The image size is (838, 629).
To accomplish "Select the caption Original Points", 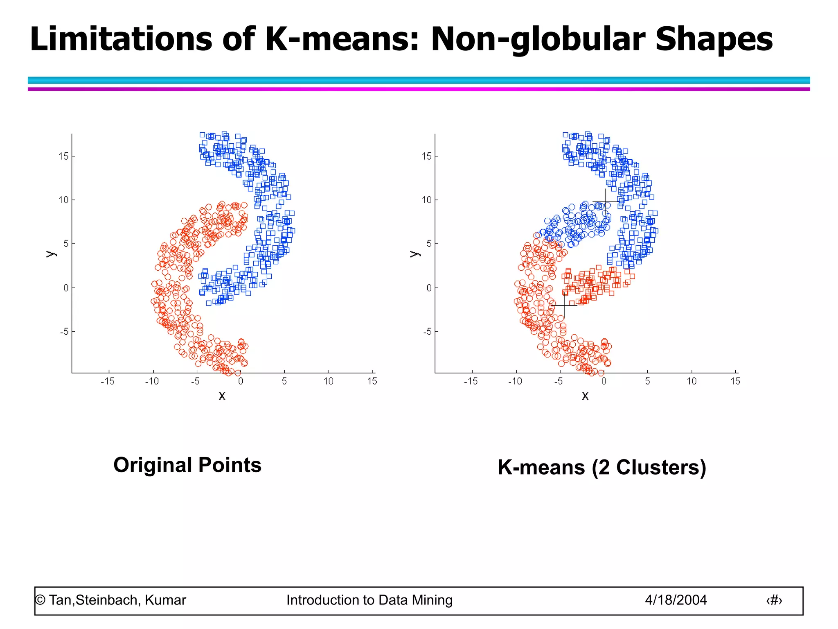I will pyautogui.click(x=187, y=465).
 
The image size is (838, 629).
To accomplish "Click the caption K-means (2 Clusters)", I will pyautogui.click(x=602, y=467).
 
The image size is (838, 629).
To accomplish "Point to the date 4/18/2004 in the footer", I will pyautogui.click(x=676, y=600).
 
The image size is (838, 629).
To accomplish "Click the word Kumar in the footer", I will pyautogui.click(x=165, y=600).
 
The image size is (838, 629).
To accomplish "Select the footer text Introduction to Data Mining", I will pyautogui.click(x=369, y=600).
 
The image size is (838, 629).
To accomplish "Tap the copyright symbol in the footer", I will pyautogui.click(x=40, y=600).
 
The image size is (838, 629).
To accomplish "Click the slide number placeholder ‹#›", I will pyautogui.click(x=774, y=600).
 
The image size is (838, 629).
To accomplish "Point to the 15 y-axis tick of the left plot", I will pyautogui.click(x=63, y=156).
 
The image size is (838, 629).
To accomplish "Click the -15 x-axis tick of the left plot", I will pyautogui.click(x=108, y=381).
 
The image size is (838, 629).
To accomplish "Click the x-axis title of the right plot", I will pyautogui.click(x=585, y=396).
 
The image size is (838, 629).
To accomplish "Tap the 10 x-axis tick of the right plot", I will pyautogui.click(x=692, y=381).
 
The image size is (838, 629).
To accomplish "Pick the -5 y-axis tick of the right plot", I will pyautogui.click(x=427, y=331).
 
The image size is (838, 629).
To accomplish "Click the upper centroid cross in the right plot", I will pyautogui.click(x=606, y=201).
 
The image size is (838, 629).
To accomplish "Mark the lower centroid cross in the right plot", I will pyautogui.click(x=564, y=305).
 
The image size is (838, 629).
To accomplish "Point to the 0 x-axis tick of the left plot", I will pyautogui.click(x=241, y=381).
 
